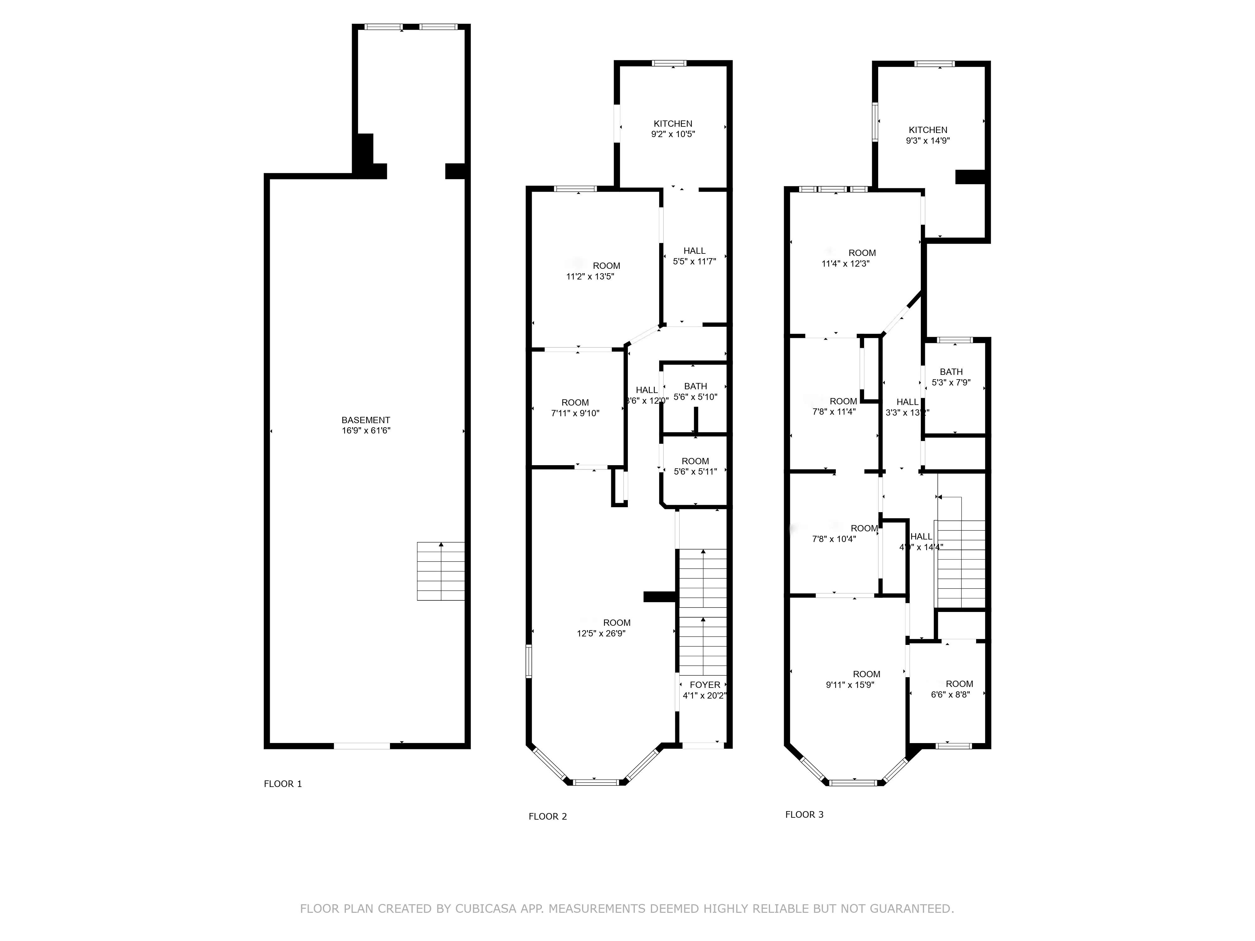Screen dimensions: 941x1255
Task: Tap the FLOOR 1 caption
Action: click(283, 784)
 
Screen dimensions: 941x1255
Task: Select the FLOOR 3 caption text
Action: click(804, 815)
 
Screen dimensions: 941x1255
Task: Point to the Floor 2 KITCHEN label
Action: click(673, 124)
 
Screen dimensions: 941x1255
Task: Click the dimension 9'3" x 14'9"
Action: click(928, 141)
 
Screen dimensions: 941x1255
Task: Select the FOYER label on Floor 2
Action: click(705, 685)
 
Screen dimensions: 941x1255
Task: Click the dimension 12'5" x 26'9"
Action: click(601, 634)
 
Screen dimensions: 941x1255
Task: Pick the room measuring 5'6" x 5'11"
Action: click(695, 466)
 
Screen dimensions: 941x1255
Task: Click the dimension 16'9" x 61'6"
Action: click(366, 431)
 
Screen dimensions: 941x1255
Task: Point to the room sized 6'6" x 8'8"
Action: click(950, 689)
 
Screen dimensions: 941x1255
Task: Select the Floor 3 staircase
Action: click(960, 561)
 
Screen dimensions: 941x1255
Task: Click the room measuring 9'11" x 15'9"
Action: click(849, 679)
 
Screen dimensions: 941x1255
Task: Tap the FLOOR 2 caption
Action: click(547, 816)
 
